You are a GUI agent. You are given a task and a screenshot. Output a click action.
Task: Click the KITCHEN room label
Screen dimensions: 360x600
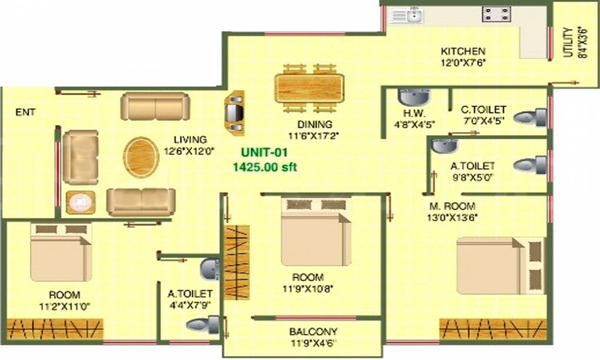(x=463, y=51)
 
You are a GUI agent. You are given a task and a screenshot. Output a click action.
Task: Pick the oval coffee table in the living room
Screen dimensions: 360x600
(x=141, y=157)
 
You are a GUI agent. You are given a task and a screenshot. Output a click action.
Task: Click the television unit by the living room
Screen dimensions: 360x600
(x=234, y=112)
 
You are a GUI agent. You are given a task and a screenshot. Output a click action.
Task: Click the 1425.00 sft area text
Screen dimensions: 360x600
(x=265, y=167)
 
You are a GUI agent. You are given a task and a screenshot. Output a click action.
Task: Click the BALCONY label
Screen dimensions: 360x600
(x=313, y=331)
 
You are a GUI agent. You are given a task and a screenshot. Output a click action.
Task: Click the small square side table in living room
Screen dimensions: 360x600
(x=80, y=203)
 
